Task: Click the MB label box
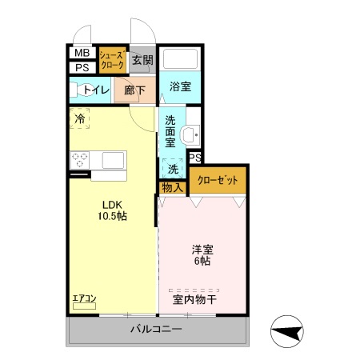82,53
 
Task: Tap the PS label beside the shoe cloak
82,67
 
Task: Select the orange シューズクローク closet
110,60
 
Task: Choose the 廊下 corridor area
134,90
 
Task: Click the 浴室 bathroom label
180,86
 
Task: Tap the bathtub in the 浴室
180,60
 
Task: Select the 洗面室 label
170,130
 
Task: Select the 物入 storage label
172,187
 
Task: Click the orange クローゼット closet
217,181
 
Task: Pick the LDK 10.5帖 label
112,210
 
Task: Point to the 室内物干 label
194,300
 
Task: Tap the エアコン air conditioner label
84,299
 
